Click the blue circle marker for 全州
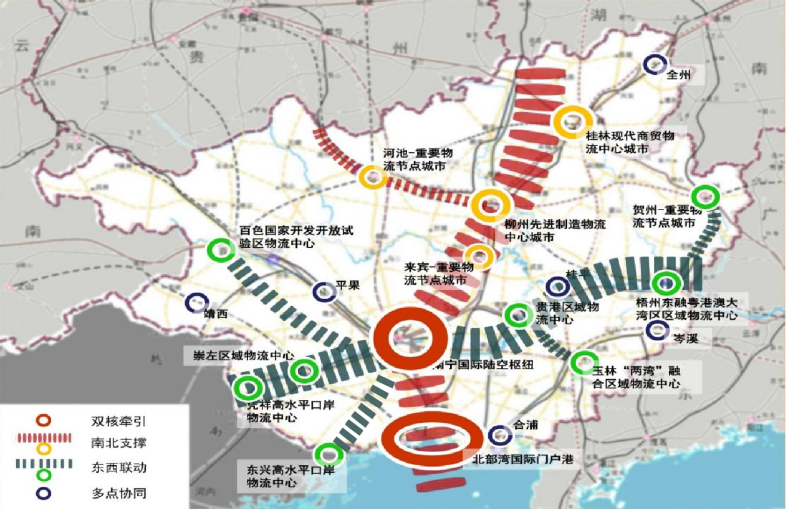coord(655,64)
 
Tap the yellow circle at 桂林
coord(573,122)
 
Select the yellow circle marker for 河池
coord(372,177)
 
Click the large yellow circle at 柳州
coord(491,205)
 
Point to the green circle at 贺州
coord(705,196)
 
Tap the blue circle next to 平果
coord(325,291)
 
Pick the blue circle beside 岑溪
coord(657,330)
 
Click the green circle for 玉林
coord(583,362)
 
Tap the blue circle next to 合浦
coord(500,435)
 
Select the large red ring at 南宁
coord(410,339)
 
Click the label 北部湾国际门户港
coord(522,460)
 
